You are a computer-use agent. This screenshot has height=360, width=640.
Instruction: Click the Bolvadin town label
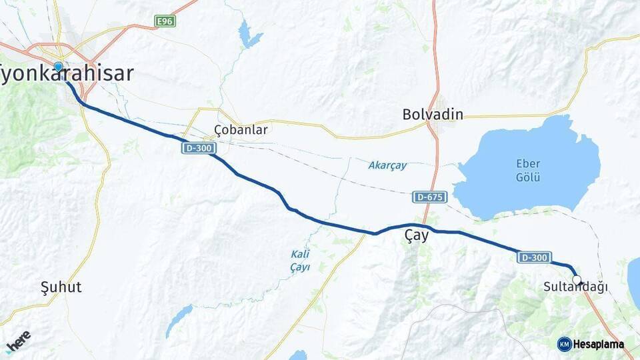[x=433, y=115]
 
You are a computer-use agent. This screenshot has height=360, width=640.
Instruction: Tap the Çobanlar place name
[x=241, y=130]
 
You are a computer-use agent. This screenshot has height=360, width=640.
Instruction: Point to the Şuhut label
[x=61, y=287]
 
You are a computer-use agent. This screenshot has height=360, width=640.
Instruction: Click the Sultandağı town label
[x=575, y=287]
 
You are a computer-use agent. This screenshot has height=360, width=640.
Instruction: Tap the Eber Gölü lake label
[x=528, y=171]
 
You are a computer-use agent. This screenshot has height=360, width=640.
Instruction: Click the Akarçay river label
[x=387, y=165]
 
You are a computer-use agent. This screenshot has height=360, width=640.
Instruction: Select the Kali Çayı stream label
[x=300, y=260]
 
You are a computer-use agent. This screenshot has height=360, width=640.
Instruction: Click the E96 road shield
[x=165, y=21]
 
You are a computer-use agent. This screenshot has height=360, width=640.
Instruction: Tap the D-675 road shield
[x=430, y=197]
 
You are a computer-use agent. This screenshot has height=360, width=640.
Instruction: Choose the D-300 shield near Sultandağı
[x=534, y=257]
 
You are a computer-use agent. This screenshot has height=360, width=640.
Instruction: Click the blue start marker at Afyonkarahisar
[x=59, y=67]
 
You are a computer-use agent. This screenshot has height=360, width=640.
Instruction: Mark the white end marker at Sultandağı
[x=577, y=280]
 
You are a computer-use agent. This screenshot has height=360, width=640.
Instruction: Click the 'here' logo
[x=18, y=341]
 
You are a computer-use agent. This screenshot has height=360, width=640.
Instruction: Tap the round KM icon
[x=564, y=344]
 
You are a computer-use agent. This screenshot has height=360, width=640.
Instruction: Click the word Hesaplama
[x=599, y=344]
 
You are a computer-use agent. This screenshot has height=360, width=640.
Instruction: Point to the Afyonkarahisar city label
[x=67, y=73]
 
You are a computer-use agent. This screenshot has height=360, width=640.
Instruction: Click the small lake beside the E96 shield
[x=249, y=35]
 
